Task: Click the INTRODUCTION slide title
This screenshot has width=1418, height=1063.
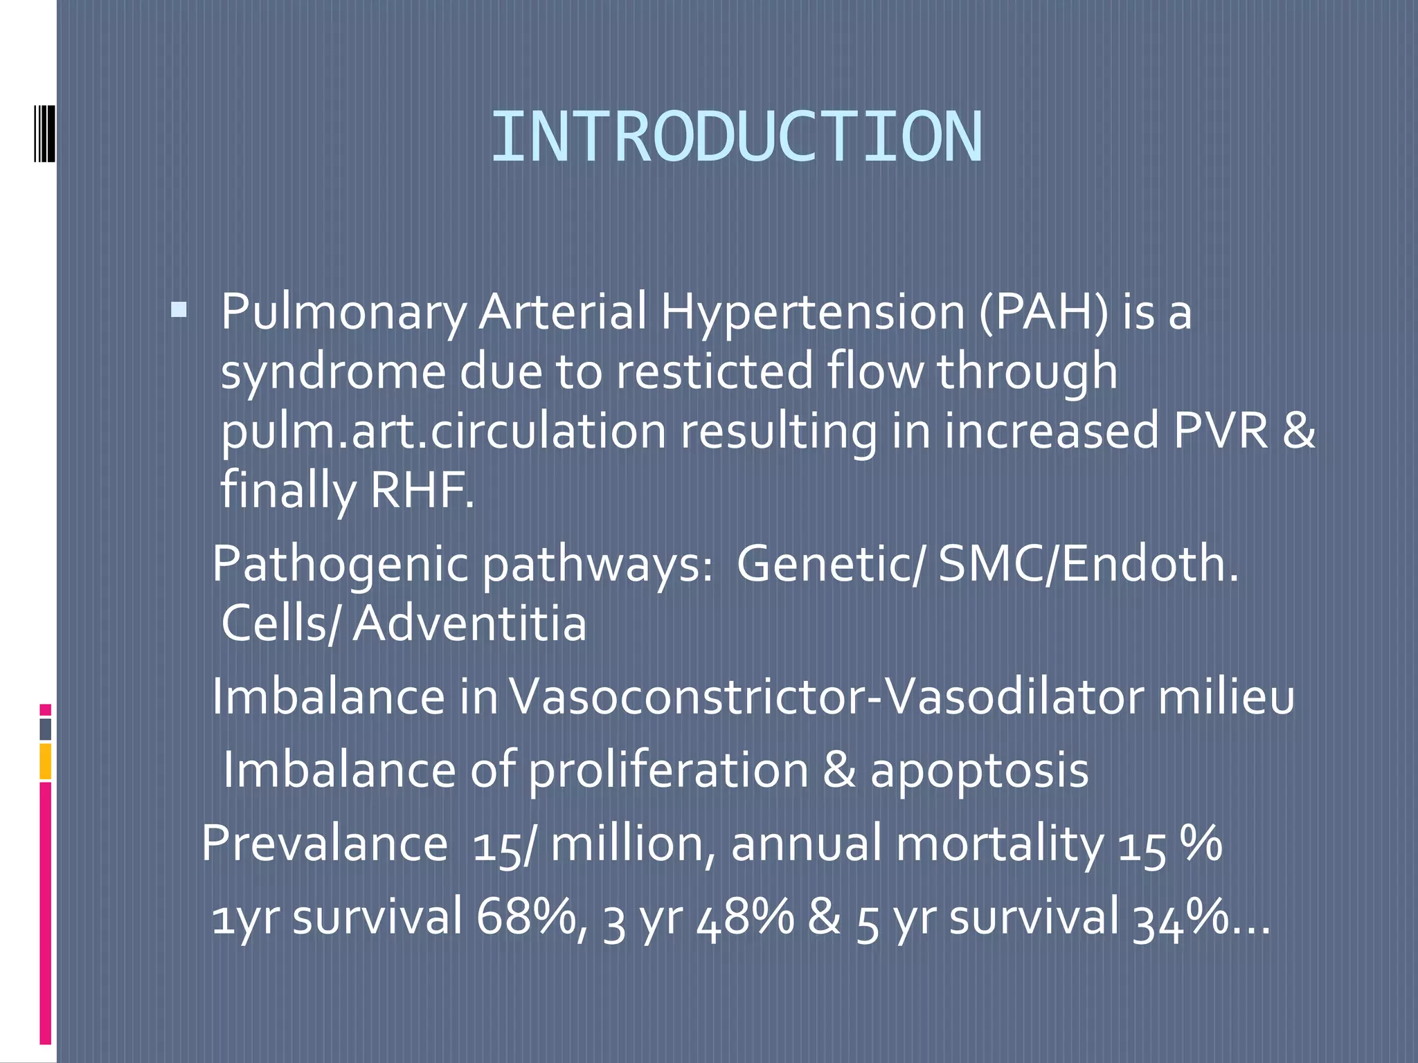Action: (736, 138)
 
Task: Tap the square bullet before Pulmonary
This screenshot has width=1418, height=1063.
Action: (179, 309)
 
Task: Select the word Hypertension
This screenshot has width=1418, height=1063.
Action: (812, 314)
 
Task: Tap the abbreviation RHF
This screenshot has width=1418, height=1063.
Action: (422, 489)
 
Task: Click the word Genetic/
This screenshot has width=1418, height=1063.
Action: (829, 563)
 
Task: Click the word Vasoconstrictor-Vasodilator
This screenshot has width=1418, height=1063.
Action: (827, 697)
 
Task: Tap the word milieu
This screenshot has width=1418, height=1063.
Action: (1226, 697)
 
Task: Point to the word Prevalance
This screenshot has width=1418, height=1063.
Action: (324, 844)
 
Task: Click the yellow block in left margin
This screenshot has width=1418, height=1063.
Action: (45, 761)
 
